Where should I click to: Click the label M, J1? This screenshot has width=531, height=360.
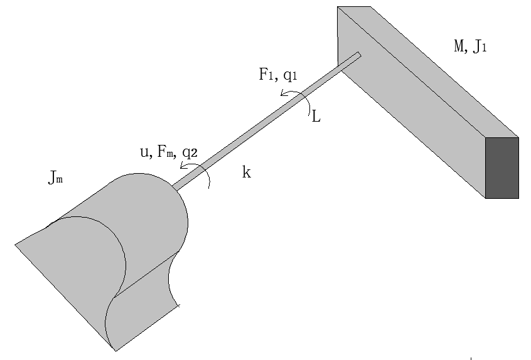470,46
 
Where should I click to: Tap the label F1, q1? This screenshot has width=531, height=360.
278,75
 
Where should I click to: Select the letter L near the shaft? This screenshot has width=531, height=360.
316,117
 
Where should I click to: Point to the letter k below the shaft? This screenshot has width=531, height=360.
247,172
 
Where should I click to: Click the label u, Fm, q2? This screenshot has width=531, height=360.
169,152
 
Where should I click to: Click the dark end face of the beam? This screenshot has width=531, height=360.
502,168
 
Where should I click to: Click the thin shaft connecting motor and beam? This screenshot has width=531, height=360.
267,121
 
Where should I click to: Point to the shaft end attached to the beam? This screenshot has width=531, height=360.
358,55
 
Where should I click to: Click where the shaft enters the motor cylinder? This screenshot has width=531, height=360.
175,188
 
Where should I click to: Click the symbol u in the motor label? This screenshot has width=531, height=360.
144,152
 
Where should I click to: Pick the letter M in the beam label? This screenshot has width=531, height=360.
459,46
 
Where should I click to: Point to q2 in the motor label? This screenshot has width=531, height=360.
190,153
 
